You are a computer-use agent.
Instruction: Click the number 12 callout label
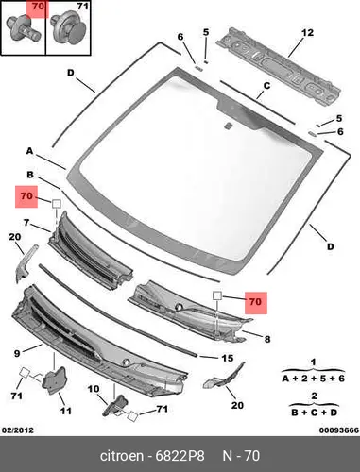pyautogui.click(x=307, y=32)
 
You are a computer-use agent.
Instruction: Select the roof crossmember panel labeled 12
pyautogui.click(x=279, y=67)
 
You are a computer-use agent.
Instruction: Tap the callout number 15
pyautogui.click(x=228, y=358)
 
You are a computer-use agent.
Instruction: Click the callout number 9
pyautogui.click(x=17, y=353)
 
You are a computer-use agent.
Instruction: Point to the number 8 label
pyautogui.click(x=267, y=339)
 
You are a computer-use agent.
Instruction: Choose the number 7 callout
pyautogui.click(x=26, y=223)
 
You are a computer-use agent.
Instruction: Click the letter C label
pyautogui.click(x=266, y=86)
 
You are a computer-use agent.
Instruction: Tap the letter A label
pyautogui.click(x=29, y=151)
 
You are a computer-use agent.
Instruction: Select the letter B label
pyautogui.click(x=30, y=175)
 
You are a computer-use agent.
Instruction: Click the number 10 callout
pyautogui.click(x=94, y=389)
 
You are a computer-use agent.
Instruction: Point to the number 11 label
pyautogui.click(x=65, y=411)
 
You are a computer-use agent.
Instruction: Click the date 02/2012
pyautogui.click(x=18, y=430)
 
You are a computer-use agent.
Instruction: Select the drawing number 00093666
pyautogui.click(x=339, y=430)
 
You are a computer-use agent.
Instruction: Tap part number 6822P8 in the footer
pyautogui.click(x=180, y=456)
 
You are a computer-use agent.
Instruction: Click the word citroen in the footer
pyautogui.click(x=121, y=456)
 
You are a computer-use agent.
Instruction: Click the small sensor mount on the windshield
pyautogui.click(x=228, y=126)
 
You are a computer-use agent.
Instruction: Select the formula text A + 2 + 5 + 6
pyautogui.click(x=313, y=378)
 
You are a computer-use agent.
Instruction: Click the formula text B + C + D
pyautogui.click(x=314, y=412)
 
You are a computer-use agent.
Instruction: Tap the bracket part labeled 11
pyautogui.click(x=54, y=380)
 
